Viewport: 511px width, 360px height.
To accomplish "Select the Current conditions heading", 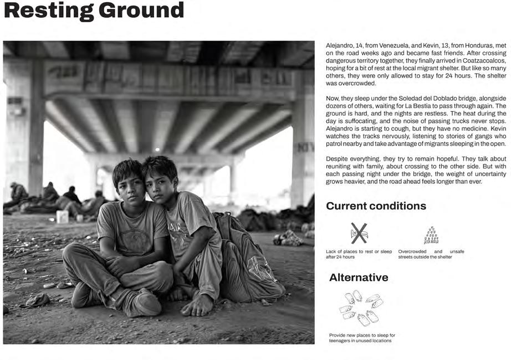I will tap(376, 206).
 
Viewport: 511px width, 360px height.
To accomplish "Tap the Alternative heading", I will tap(358, 277).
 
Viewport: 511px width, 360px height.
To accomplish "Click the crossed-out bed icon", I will tap(359, 233).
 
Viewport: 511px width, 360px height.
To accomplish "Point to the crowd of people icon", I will tap(431, 235).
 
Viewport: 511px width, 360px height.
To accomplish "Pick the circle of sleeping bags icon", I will tap(361, 308).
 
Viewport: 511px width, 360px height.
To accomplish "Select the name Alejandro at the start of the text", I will tap(343, 44).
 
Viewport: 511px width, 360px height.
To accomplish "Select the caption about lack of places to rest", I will tap(359, 254).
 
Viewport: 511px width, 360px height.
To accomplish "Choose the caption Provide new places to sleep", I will tap(361, 338).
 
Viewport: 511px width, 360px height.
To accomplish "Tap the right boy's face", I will tap(159, 182).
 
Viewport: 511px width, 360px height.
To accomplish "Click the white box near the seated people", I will tap(63, 217).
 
